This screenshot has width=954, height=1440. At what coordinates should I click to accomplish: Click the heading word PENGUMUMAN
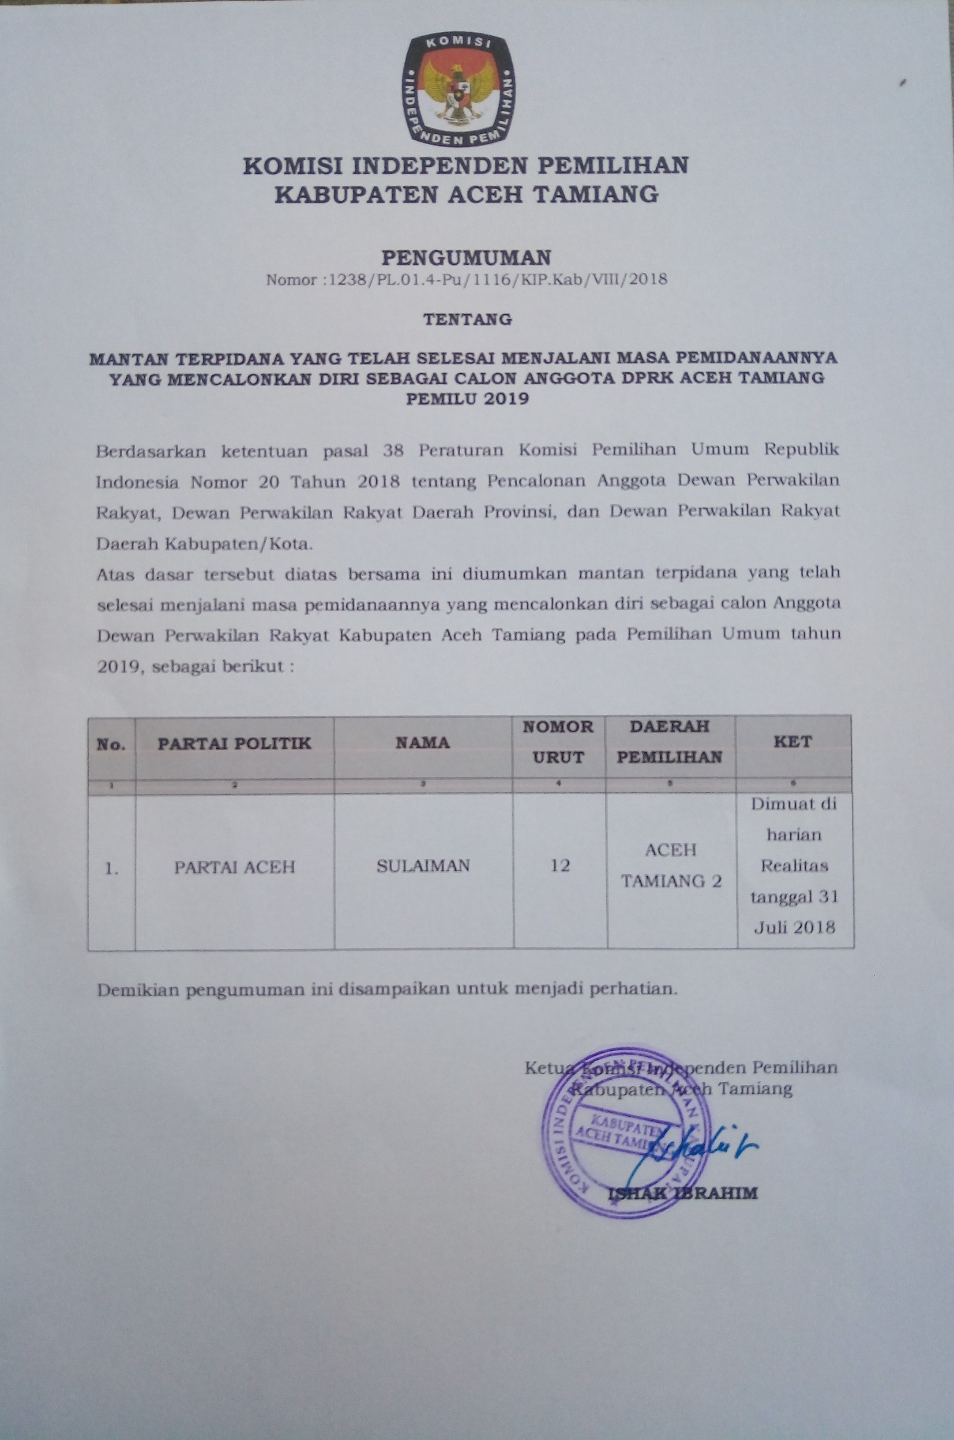tap(466, 258)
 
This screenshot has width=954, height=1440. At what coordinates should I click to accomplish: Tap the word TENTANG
tap(467, 319)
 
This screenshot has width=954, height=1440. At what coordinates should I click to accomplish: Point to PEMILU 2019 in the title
tap(467, 399)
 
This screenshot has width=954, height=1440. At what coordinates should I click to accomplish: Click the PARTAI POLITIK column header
tap(234, 743)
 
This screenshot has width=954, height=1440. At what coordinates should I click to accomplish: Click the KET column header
tap(793, 742)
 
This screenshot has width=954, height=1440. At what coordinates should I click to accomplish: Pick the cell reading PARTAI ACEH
tap(234, 867)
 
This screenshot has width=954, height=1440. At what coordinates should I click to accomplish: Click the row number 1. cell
tap(111, 870)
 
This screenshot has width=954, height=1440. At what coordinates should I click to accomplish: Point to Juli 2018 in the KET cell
tap(794, 928)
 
